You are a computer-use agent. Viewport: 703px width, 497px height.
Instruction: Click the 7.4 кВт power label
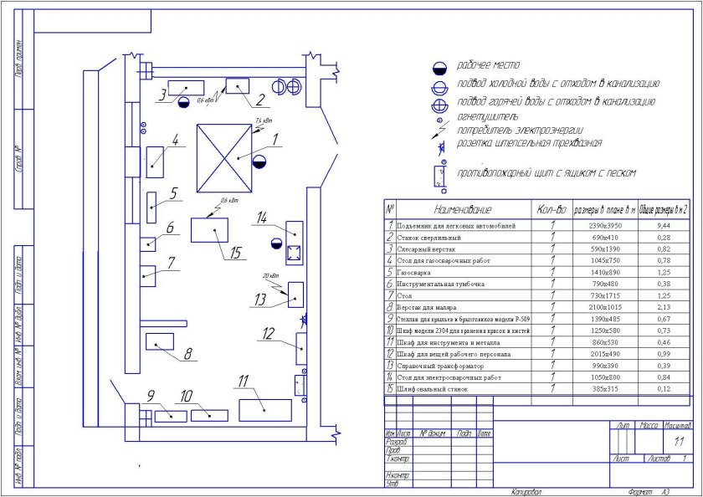264,121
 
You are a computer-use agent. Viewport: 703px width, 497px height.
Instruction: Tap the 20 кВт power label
270,274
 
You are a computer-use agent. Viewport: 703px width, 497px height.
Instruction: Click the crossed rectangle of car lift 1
223,156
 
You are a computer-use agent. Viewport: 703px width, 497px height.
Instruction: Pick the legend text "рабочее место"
488,65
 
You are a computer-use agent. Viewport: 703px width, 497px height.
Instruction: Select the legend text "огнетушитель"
487,116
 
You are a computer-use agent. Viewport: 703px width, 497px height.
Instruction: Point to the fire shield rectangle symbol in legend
438,174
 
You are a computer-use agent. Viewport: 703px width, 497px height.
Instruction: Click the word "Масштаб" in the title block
677,426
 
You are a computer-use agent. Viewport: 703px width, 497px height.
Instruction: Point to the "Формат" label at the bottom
627,491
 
